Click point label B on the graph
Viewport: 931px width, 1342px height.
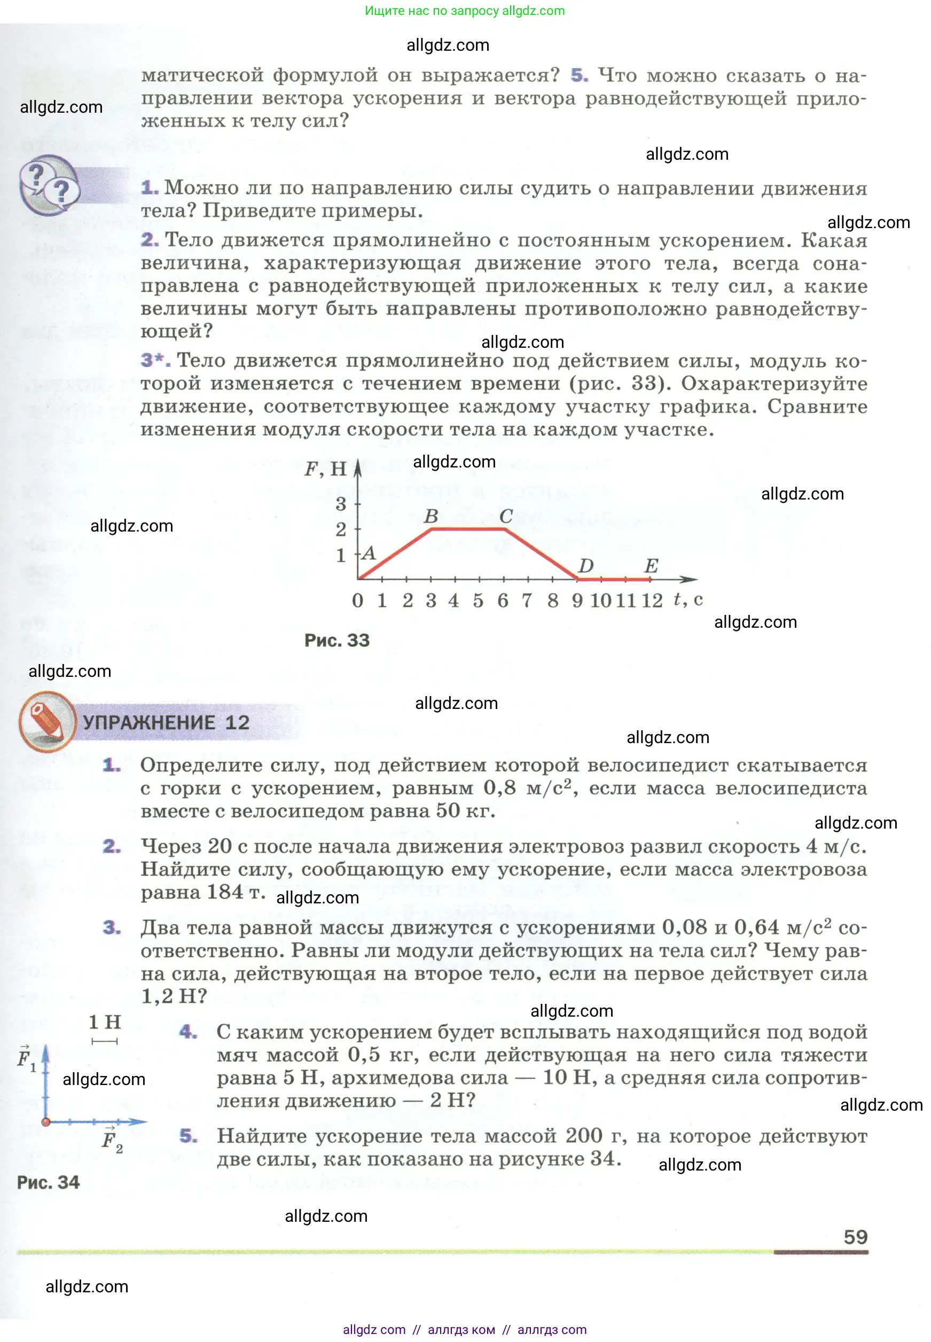point(431,517)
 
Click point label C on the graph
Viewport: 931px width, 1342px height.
point(506,517)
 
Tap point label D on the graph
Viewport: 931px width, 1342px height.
point(585,565)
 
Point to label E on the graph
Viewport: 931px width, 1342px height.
point(651,565)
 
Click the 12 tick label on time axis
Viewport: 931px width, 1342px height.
point(652,600)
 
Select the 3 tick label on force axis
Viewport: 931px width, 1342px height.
point(341,504)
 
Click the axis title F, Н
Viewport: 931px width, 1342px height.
point(325,469)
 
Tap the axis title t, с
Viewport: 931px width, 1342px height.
point(688,599)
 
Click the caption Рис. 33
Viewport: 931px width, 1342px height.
point(337,641)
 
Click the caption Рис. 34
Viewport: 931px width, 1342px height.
point(49,1183)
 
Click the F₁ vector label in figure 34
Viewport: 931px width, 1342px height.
point(25,1058)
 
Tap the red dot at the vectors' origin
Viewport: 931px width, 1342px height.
point(46,1121)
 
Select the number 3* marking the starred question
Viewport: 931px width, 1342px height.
point(155,360)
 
